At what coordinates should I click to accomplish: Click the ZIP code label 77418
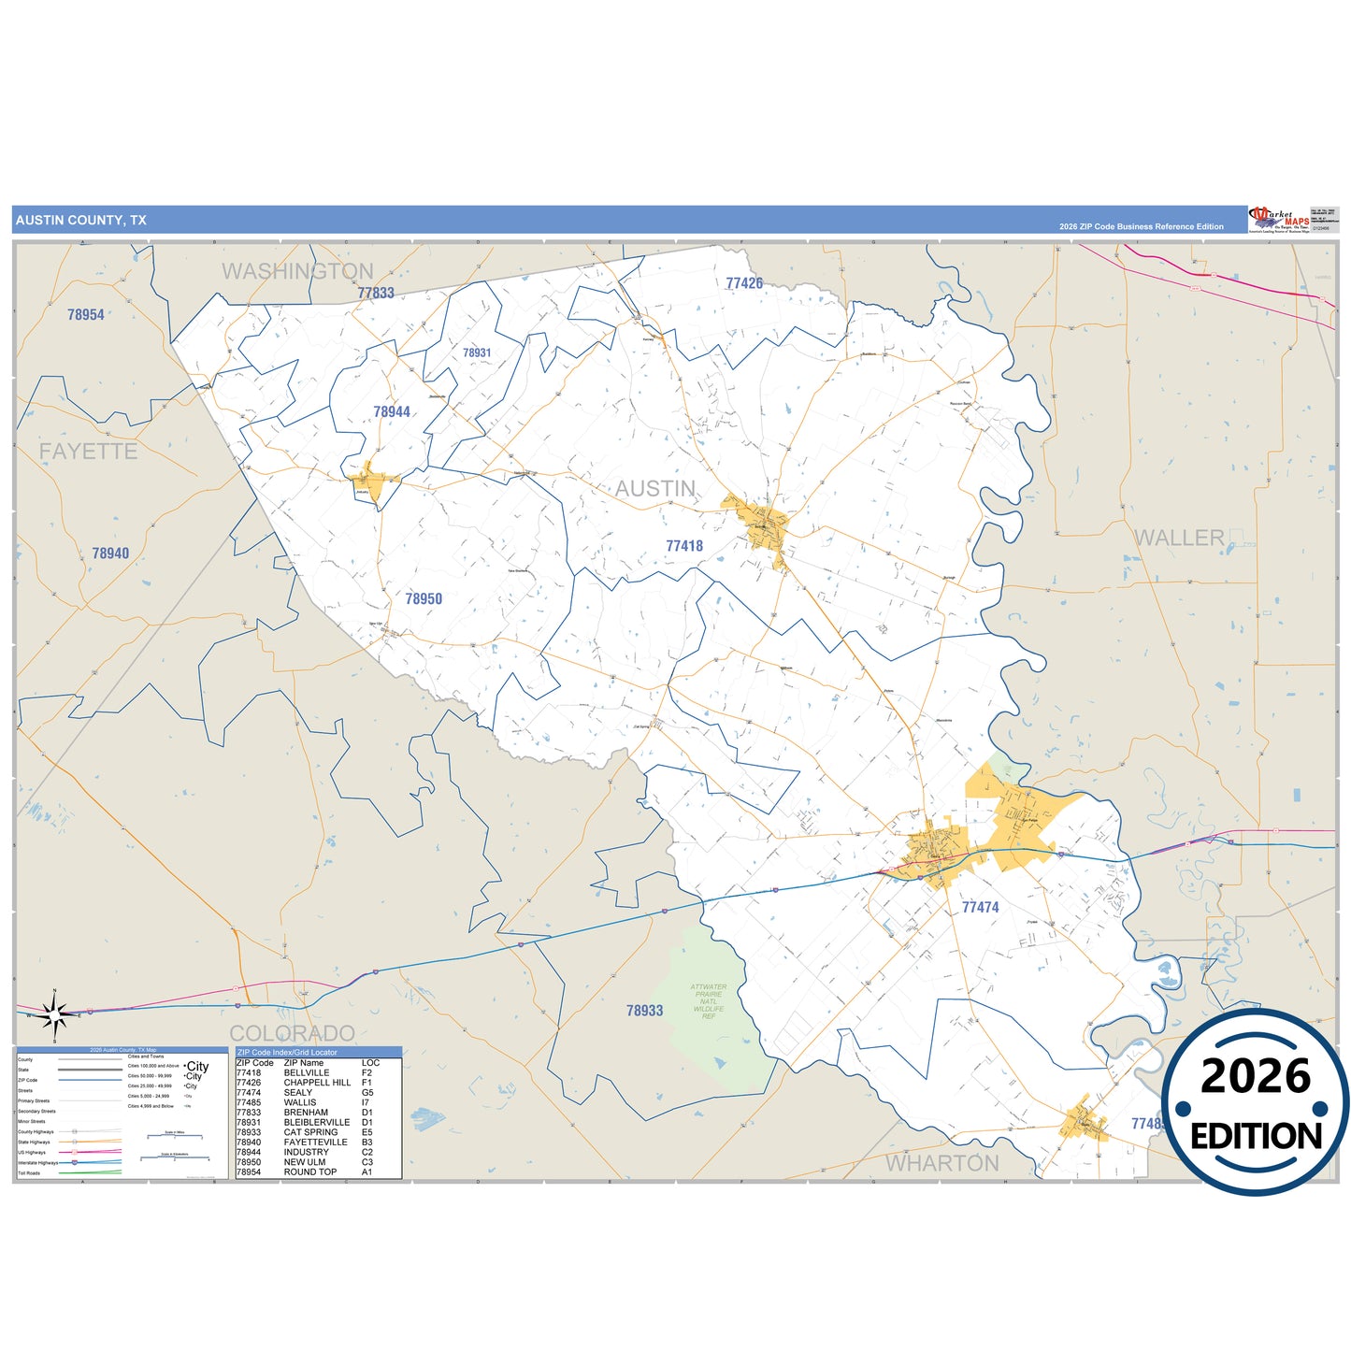pyautogui.click(x=684, y=546)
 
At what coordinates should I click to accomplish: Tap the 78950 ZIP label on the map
pyautogui.click(x=424, y=599)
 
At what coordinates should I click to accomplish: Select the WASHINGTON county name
pyautogui.click(x=297, y=271)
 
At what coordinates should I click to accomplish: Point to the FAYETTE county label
pyautogui.click(x=88, y=452)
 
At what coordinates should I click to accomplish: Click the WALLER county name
pyautogui.click(x=1179, y=538)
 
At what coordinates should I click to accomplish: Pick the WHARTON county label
pyautogui.click(x=942, y=1163)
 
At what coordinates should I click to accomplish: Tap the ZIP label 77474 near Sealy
pyautogui.click(x=980, y=907)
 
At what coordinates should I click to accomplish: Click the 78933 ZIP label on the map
pyautogui.click(x=644, y=1011)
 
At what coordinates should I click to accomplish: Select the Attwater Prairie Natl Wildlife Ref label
pyautogui.click(x=708, y=1001)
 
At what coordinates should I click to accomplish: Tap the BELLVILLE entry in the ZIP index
pyautogui.click(x=307, y=1072)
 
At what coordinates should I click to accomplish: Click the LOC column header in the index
pyautogui.click(x=370, y=1063)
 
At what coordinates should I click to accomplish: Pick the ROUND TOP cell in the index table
pyautogui.click(x=310, y=1172)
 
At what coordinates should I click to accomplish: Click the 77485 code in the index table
pyautogui.click(x=249, y=1102)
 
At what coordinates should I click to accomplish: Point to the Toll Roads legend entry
pyautogui.click(x=29, y=1172)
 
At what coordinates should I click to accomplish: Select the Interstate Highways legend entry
pyautogui.click(x=37, y=1162)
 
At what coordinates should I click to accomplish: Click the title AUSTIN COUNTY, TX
pyautogui.click(x=81, y=221)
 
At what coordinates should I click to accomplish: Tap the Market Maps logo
pyautogui.click(x=1279, y=220)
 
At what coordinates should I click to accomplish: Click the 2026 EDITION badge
pyautogui.click(x=1256, y=1102)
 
